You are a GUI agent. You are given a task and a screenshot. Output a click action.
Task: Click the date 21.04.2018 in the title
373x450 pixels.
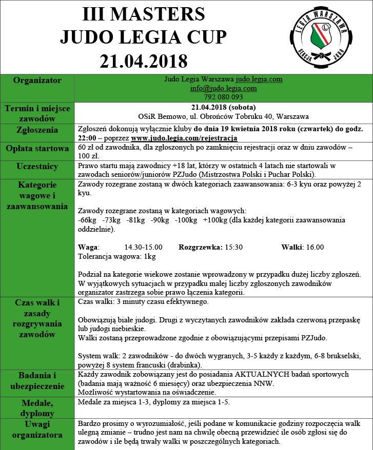click(x=144, y=60)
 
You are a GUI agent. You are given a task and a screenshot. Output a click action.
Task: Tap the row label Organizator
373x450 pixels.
click(x=37, y=80)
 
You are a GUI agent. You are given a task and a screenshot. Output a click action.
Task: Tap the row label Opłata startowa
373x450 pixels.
click(x=37, y=149)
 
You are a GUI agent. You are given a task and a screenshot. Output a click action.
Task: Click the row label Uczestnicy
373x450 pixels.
click(x=37, y=167)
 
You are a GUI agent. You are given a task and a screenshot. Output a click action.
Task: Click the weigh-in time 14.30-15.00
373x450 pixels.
click(x=143, y=247)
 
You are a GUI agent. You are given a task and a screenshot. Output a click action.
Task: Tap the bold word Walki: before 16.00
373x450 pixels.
click(x=292, y=247)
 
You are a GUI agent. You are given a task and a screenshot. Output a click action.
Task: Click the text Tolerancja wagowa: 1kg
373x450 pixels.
click(x=116, y=256)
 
